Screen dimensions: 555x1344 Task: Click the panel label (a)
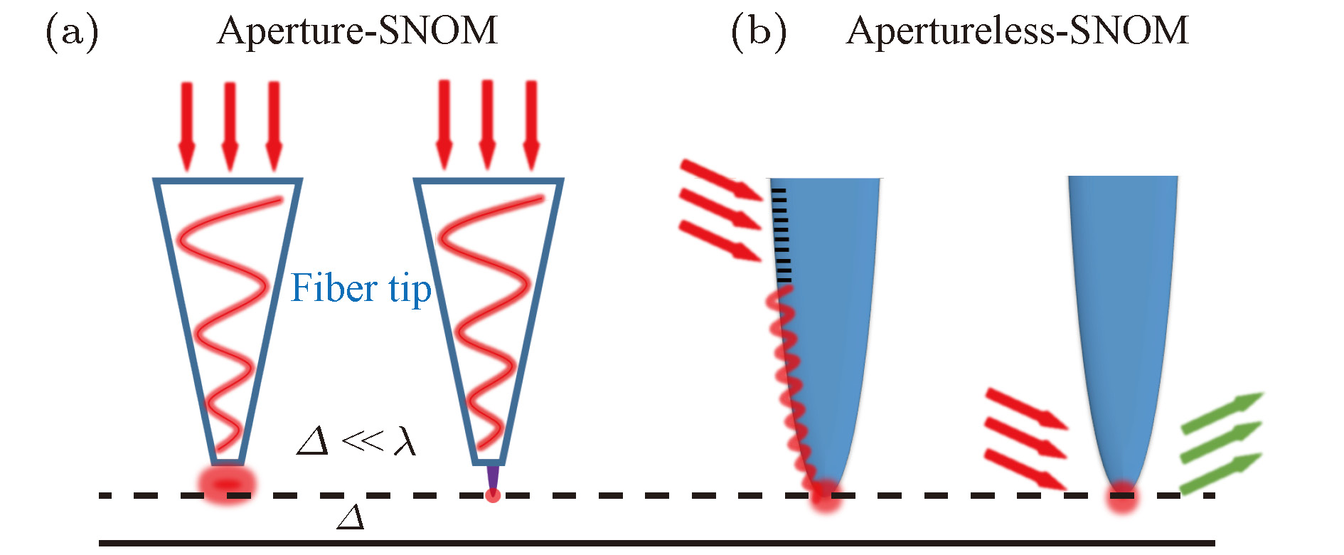[72, 33]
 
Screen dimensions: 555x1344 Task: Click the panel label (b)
[759, 33]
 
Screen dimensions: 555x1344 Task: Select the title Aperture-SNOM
[357, 31]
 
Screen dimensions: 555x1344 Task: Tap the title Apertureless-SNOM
[1017, 31]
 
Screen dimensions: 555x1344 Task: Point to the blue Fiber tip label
[361, 289]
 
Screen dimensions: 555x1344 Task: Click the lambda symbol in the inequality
[405, 441]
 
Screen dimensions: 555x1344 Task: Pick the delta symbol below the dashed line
[351, 517]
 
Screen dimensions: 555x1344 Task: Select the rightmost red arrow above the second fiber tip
[531, 125]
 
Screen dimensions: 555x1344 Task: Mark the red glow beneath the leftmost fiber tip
[227, 484]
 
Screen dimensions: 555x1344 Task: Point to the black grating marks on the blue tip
[781, 235]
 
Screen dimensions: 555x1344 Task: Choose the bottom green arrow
[1221, 472]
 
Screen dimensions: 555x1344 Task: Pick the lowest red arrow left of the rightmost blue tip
[1024, 470]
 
